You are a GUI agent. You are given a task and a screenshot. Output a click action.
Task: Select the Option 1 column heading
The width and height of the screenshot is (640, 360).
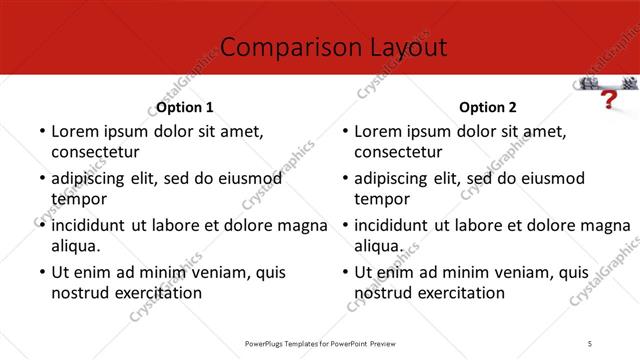(x=185, y=107)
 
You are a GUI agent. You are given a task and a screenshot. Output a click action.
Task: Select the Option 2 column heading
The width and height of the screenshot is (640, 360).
(x=488, y=107)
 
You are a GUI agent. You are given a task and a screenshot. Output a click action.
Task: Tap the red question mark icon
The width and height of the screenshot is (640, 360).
(x=606, y=100)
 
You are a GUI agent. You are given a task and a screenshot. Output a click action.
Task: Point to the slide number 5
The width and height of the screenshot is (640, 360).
(x=590, y=343)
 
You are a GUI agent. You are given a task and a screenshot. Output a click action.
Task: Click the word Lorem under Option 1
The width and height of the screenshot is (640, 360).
(x=75, y=131)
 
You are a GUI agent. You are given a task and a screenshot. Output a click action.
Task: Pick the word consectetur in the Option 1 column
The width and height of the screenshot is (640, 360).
(x=94, y=152)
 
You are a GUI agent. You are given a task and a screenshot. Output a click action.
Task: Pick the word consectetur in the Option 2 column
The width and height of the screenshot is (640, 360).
(x=398, y=152)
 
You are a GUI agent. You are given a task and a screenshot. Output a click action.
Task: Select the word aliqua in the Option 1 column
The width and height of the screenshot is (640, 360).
(x=74, y=246)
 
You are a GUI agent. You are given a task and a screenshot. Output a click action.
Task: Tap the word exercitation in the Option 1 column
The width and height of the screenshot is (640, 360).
(x=157, y=293)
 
